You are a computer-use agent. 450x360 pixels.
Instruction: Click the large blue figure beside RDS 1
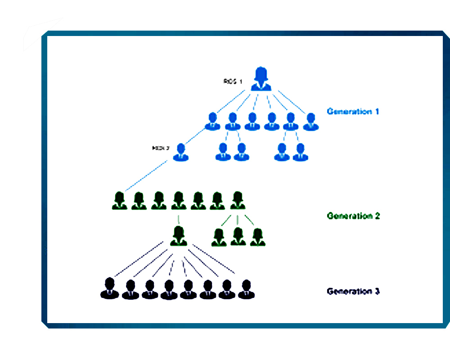tap(261, 79)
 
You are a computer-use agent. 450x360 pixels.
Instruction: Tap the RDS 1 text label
tap(233, 81)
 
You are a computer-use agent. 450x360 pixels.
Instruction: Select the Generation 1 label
tap(353, 111)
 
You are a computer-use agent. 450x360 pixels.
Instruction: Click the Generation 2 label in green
tap(353, 216)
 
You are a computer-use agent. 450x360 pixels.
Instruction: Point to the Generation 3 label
tap(353, 291)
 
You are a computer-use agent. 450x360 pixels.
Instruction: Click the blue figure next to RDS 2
tap(181, 152)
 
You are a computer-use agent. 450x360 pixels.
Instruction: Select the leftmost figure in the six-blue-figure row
tap(212, 121)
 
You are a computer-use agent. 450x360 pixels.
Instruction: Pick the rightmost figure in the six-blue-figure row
tap(310, 121)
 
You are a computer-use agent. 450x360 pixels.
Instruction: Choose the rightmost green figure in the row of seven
tap(237, 201)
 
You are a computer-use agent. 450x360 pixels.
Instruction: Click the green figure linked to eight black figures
tap(179, 237)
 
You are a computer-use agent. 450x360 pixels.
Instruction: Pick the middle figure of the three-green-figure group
tap(238, 237)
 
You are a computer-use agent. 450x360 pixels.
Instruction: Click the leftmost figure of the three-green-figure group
tap(219, 237)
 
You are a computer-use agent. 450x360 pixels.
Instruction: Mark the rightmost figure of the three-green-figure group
tap(257, 237)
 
